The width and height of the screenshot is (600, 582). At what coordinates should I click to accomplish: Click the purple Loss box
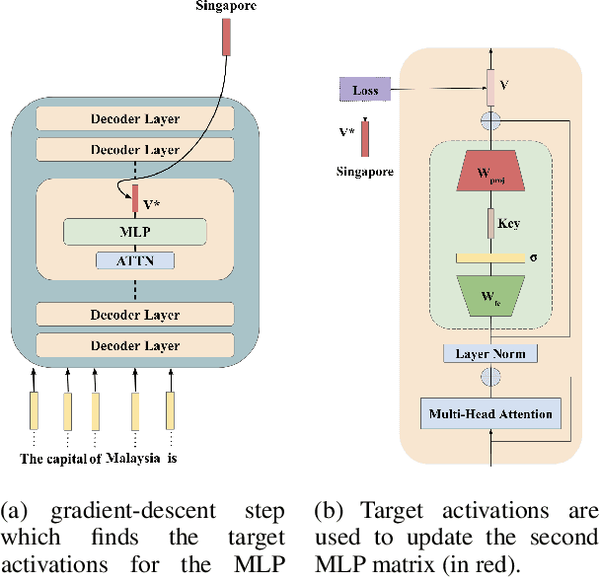tap(365, 91)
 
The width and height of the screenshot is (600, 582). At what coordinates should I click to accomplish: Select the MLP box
tap(135, 232)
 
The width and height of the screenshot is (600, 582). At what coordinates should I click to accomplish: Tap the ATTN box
tap(135, 260)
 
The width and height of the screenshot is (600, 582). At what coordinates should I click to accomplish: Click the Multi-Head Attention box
tap(489, 412)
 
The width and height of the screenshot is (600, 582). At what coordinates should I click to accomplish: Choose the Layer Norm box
tap(489, 353)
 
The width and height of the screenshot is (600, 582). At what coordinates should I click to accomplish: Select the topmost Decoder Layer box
tap(135, 119)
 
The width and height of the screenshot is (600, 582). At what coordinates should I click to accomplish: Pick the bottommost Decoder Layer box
tap(135, 346)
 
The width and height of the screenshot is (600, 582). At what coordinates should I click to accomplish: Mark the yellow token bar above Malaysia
tap(134, 409)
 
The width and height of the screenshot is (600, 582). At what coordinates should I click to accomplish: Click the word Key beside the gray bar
tap(508, 224)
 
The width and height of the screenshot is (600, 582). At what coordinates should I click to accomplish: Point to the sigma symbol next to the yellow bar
tap(533, 257)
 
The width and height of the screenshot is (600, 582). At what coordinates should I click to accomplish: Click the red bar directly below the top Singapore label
tap(227, 36)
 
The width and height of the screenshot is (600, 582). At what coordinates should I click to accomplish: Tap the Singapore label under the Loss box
tap(364, 171)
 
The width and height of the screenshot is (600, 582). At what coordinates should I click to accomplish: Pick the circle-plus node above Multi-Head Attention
tap(489, 377)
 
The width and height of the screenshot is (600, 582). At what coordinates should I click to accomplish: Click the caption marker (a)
tap(15, 511)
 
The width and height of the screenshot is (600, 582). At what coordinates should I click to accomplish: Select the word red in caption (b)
tap(547, 565)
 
